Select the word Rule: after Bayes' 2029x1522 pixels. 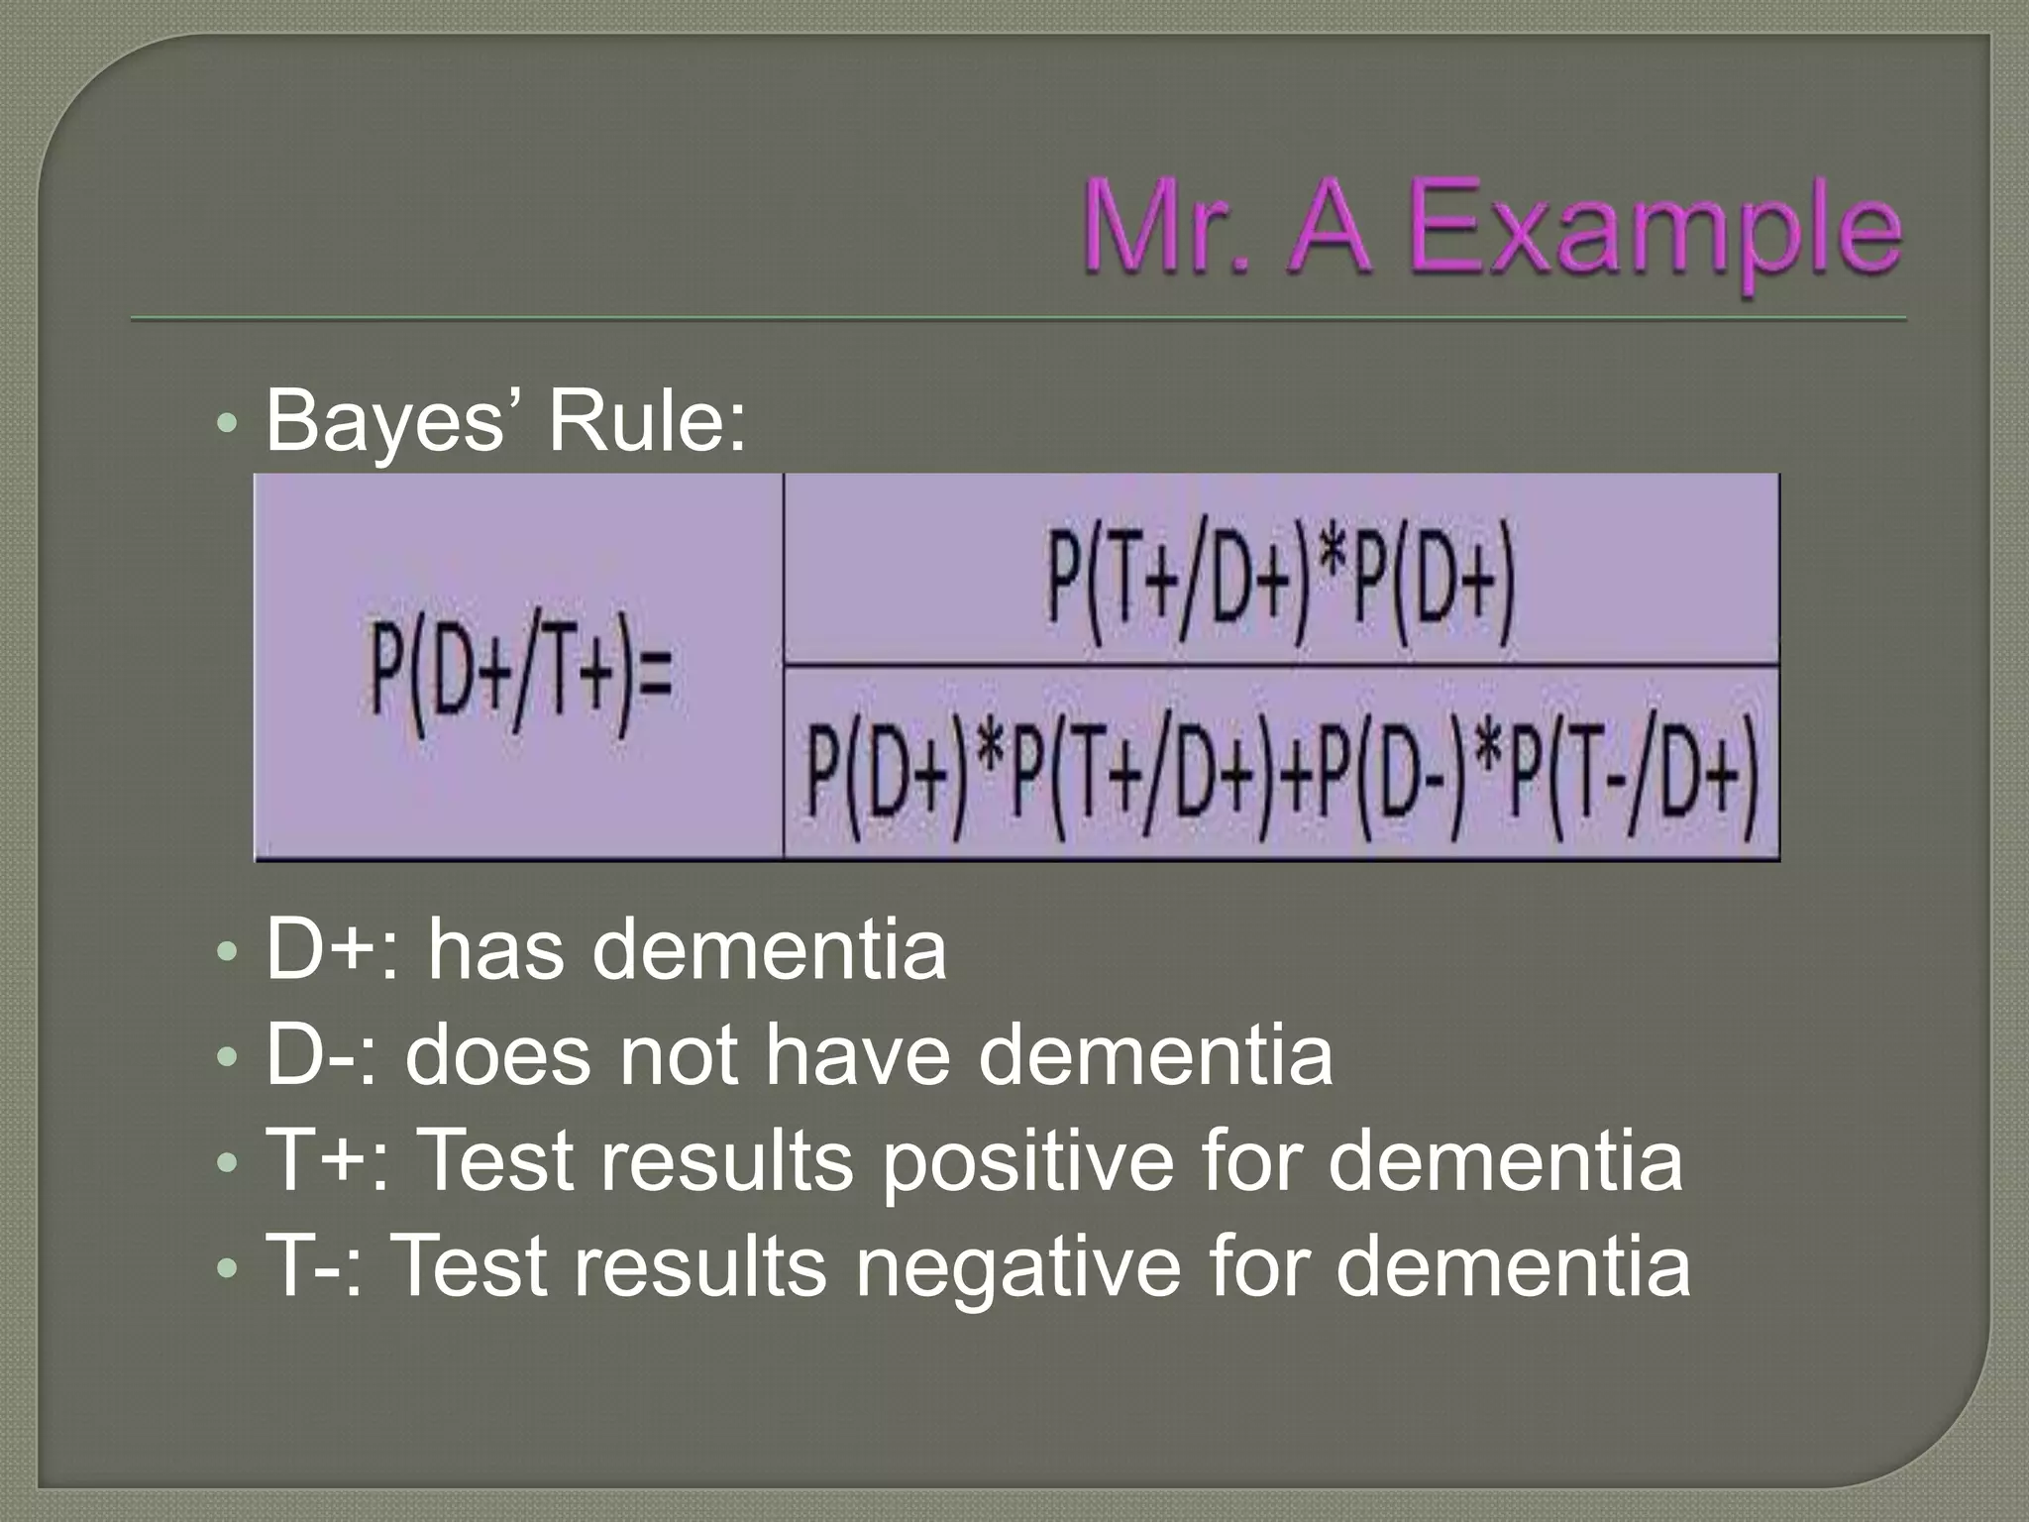(x=648, y=422)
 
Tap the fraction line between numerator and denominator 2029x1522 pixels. (x=1280, y=665)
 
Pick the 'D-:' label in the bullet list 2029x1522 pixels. (x=322, y=1056)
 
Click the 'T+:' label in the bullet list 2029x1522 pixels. (x=323, y=1161)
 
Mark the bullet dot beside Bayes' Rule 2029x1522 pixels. (x=227, y=425)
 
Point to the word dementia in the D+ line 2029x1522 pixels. (x=772, y=950)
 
